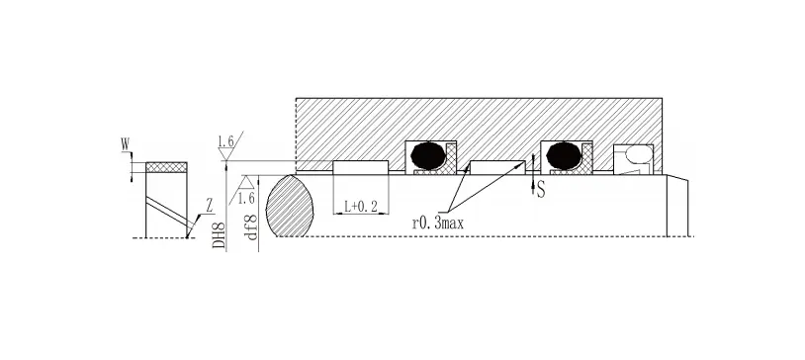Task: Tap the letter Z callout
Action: tap(209, 207)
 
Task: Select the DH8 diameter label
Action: tap(220, 234)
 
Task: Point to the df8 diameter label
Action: tap(250, 227)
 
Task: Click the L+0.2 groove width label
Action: tap(361, 207)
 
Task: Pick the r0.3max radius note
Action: tap(438, 224)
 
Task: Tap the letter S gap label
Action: tap(541, 191)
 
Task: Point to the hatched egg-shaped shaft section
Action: tap(290, 206)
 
